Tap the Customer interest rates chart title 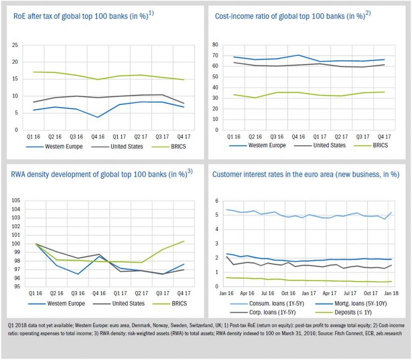[306, 174]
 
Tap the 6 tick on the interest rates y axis [217, 201]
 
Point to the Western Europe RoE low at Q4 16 [98, 117]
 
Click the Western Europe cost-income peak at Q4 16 [299, 55]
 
